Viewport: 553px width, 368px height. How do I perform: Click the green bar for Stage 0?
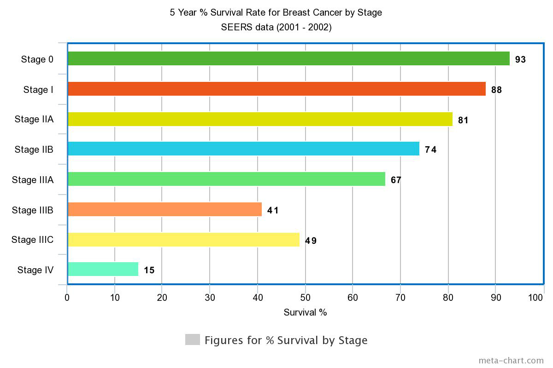[288, 58]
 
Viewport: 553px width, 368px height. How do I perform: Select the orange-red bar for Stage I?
[276, 89]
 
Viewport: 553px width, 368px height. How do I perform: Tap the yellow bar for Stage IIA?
[260, 119]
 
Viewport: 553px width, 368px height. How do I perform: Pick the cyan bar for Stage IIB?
[243, 149]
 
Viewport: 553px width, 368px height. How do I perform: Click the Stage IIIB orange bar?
[165, 209]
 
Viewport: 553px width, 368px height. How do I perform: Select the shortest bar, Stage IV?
[103, 269]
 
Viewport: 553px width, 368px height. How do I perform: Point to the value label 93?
[520, 59]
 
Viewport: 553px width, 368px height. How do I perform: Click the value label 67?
[396, 180]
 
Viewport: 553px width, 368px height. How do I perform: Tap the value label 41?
[273, 210]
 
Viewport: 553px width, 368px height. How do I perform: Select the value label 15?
[149, 270]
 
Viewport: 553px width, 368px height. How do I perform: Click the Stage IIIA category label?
[33, 180]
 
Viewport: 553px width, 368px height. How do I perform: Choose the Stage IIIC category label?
[32, 240]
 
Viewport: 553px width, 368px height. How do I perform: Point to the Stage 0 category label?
[37, 59]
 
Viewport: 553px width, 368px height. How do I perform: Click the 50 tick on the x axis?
[305, 298]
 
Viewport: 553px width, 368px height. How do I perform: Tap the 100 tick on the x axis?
[535, 298]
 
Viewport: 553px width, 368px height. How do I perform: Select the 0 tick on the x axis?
[67, 298]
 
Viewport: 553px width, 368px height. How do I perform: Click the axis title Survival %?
[305, 312]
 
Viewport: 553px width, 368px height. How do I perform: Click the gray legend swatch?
[192, 339]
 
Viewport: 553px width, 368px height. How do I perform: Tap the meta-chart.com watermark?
[511, 360]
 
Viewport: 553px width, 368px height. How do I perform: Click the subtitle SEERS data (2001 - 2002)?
[276, 27]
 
